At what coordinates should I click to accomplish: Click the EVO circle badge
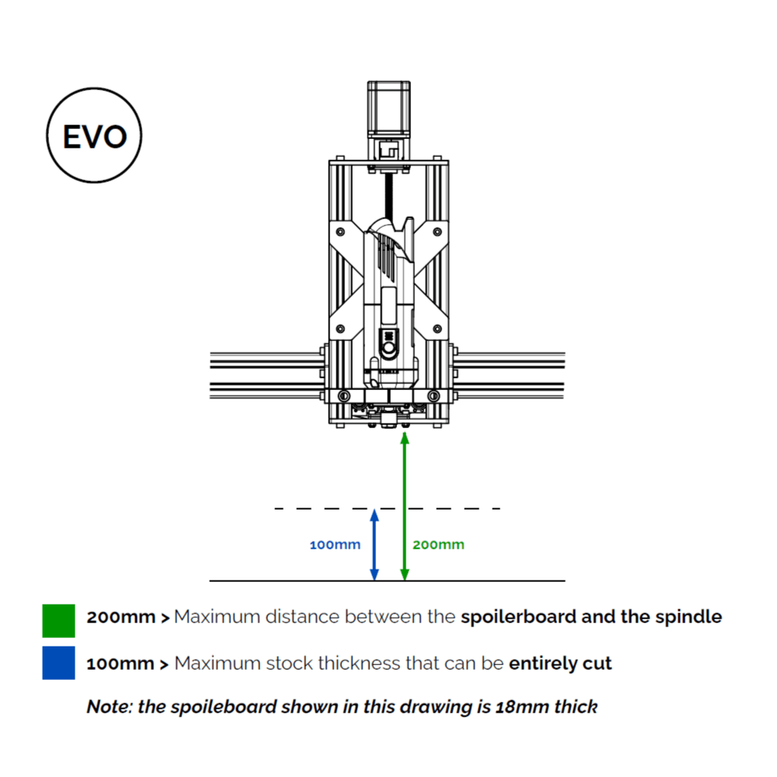(x=94, y=137)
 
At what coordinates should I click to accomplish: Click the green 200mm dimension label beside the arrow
(x=438, y=545)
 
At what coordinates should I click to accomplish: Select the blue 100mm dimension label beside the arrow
(x=335, y=545)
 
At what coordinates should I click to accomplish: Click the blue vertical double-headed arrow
(x=375, y=545)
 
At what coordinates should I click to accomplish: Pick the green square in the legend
(x=59, y=620)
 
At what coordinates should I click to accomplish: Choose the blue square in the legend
(x=59, y=663)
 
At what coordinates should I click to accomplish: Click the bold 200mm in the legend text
(x=121, y=618)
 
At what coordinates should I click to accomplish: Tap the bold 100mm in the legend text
(x=121, y=664)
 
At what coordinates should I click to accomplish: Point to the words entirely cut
(x=560, y=664)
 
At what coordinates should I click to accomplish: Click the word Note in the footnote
(x=107, y=707)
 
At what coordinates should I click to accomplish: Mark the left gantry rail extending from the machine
(x=264, y=373)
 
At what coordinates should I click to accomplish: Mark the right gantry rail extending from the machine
(x=513, y=373)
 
